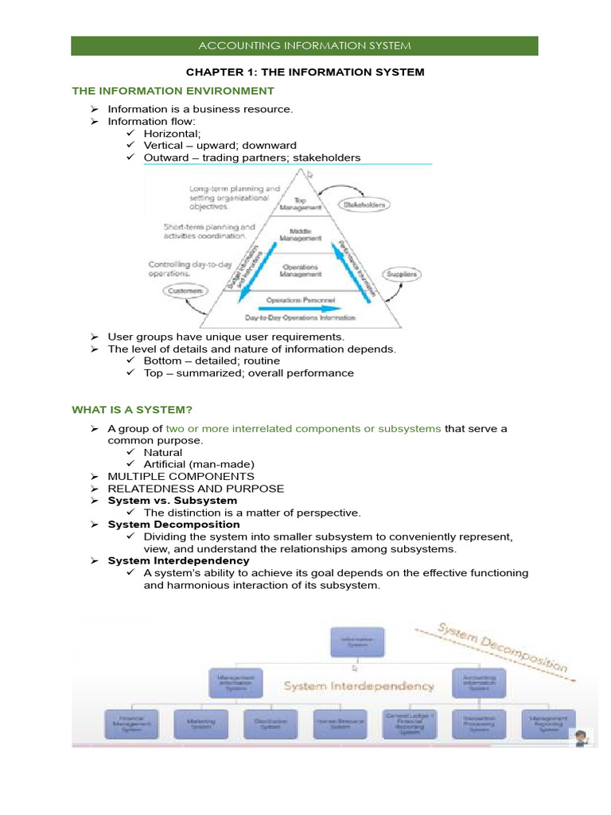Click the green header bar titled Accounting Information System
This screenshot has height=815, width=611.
point(305,45)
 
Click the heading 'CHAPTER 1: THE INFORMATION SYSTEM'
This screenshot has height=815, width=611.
point(305,72)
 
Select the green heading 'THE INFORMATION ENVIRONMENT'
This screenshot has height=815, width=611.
point(173,91)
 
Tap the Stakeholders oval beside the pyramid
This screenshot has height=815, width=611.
point(365,205)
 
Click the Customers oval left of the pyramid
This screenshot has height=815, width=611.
point(186,292)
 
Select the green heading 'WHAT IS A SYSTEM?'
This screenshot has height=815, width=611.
point(132,410)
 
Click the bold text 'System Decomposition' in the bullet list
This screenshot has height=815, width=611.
point(173,524)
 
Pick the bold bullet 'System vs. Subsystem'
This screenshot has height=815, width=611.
point(172,501)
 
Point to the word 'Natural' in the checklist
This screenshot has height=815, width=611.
point(162,452)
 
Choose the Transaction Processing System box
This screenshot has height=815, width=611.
point(479,723)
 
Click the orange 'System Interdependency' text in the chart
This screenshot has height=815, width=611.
point(359,685)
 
